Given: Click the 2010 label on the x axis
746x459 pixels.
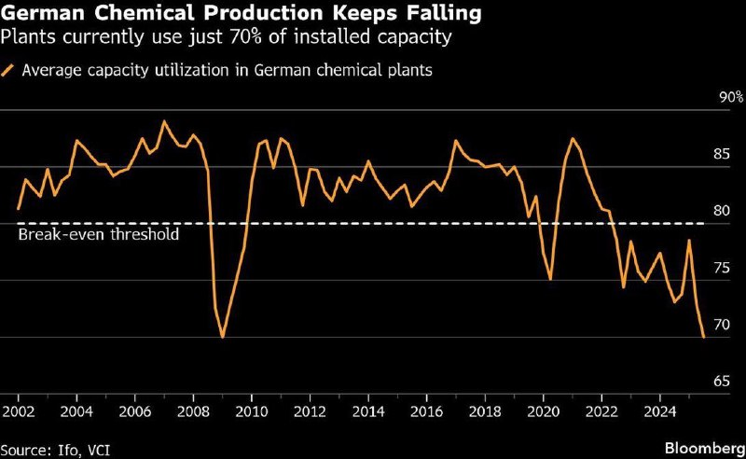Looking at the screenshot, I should (x=252, y=411).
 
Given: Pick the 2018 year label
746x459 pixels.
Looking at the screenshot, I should (x=485, y=411).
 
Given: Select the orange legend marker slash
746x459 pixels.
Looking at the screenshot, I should (x=9, y=71).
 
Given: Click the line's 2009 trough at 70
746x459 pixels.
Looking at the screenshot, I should (x=222, y=337).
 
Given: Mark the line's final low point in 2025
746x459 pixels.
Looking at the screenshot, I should (x=703, y=337).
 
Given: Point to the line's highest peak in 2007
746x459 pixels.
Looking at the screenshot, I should (x=164, y=121).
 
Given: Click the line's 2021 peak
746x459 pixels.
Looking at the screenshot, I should (x=573, y=139).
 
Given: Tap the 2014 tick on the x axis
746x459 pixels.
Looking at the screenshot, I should (x=368, y=411).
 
